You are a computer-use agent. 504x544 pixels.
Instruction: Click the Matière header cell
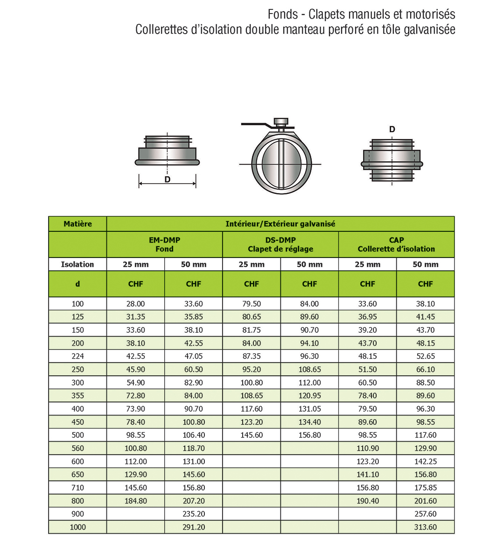point(77,224)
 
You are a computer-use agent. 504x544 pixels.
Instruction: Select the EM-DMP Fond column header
point(164,244)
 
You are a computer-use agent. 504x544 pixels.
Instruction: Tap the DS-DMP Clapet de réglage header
point(280,244)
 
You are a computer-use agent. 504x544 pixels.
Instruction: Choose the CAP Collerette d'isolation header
point(396,244)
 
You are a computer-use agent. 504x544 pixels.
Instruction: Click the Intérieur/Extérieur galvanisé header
point(280,224)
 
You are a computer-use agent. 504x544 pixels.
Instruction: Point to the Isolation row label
point(77,265)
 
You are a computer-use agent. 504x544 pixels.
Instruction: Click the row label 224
point(77,356)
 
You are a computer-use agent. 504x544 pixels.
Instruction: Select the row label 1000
point(77,527)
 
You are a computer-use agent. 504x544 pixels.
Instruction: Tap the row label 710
point(77,487)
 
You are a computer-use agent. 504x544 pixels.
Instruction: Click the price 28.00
point(135,304)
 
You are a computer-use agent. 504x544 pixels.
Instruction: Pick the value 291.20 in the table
point(194,527)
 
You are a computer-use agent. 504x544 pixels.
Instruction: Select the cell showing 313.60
point(425,527)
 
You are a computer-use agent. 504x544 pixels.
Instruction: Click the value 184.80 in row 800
point(135,501)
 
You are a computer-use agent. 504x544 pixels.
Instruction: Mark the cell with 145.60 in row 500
point(252,435)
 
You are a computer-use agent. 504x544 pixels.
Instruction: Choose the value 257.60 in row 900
point(425,514)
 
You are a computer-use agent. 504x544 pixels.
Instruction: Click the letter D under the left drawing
point(167,179)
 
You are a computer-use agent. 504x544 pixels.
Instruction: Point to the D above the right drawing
point(392,129)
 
